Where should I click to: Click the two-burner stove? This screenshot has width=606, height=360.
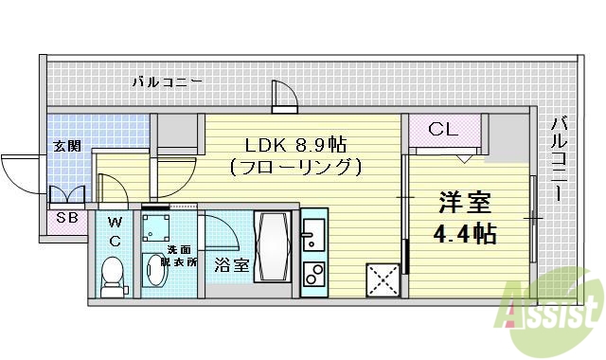313,274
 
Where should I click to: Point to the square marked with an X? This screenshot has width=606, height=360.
383,281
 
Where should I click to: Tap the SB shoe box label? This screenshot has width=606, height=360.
67,218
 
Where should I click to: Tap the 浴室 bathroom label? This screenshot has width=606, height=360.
230,264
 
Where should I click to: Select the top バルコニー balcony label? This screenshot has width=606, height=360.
167,83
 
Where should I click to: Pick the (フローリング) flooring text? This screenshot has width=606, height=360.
295,168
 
